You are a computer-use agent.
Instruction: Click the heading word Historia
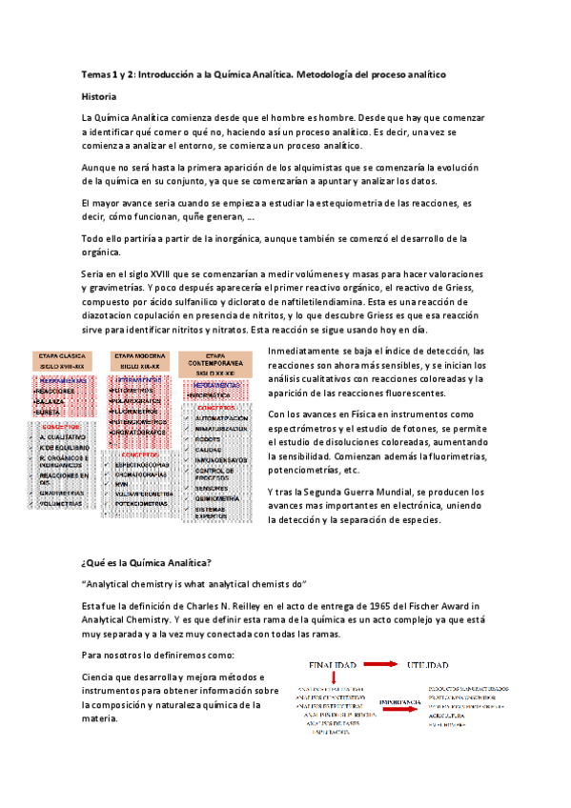pyautogui.click(x=99, y=96)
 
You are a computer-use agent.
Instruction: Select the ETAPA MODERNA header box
pyautogui.click(x=139, y=359)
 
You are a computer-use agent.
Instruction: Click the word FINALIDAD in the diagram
pyautogui.click(x=331, y=663)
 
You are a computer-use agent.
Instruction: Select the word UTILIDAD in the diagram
pyautogui.click(x=435, y=663)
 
